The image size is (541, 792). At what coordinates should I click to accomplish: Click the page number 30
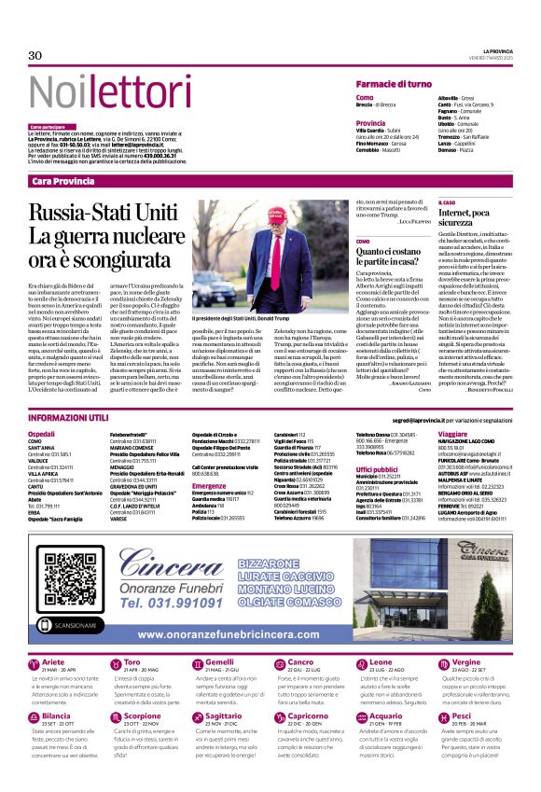[x=35, y=55]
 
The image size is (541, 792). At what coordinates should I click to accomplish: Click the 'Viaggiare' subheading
[x=452, y=434]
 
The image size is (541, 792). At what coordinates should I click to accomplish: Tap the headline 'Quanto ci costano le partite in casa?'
[x=390, y=257]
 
